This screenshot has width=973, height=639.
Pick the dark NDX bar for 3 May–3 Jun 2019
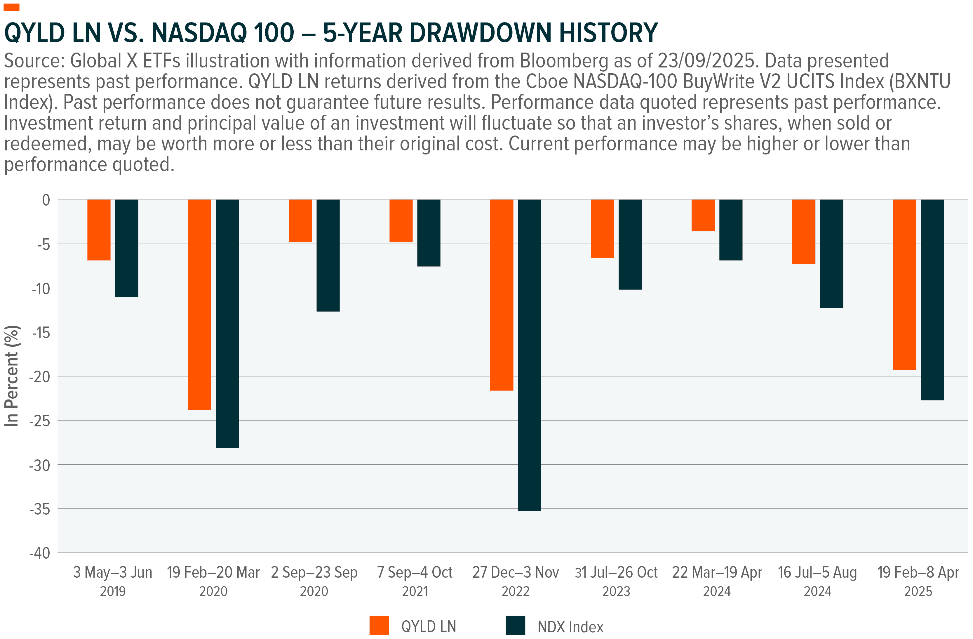coord(127,248)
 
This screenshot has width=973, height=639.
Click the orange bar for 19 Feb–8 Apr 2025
coord(904,284)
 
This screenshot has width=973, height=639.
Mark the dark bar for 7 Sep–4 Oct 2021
coord(429,233)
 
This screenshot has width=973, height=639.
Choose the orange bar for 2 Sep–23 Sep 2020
coord(300,221)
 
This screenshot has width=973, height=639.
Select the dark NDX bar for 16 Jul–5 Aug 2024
coord(831,253)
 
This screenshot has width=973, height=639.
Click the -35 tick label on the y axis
coord(40,509)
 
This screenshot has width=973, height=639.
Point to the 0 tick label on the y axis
coord(46,200)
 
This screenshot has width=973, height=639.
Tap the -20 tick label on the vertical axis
coord(40,377)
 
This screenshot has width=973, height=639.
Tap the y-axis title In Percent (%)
coord(12,376)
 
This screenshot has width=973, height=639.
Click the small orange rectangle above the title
coord(11,7)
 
